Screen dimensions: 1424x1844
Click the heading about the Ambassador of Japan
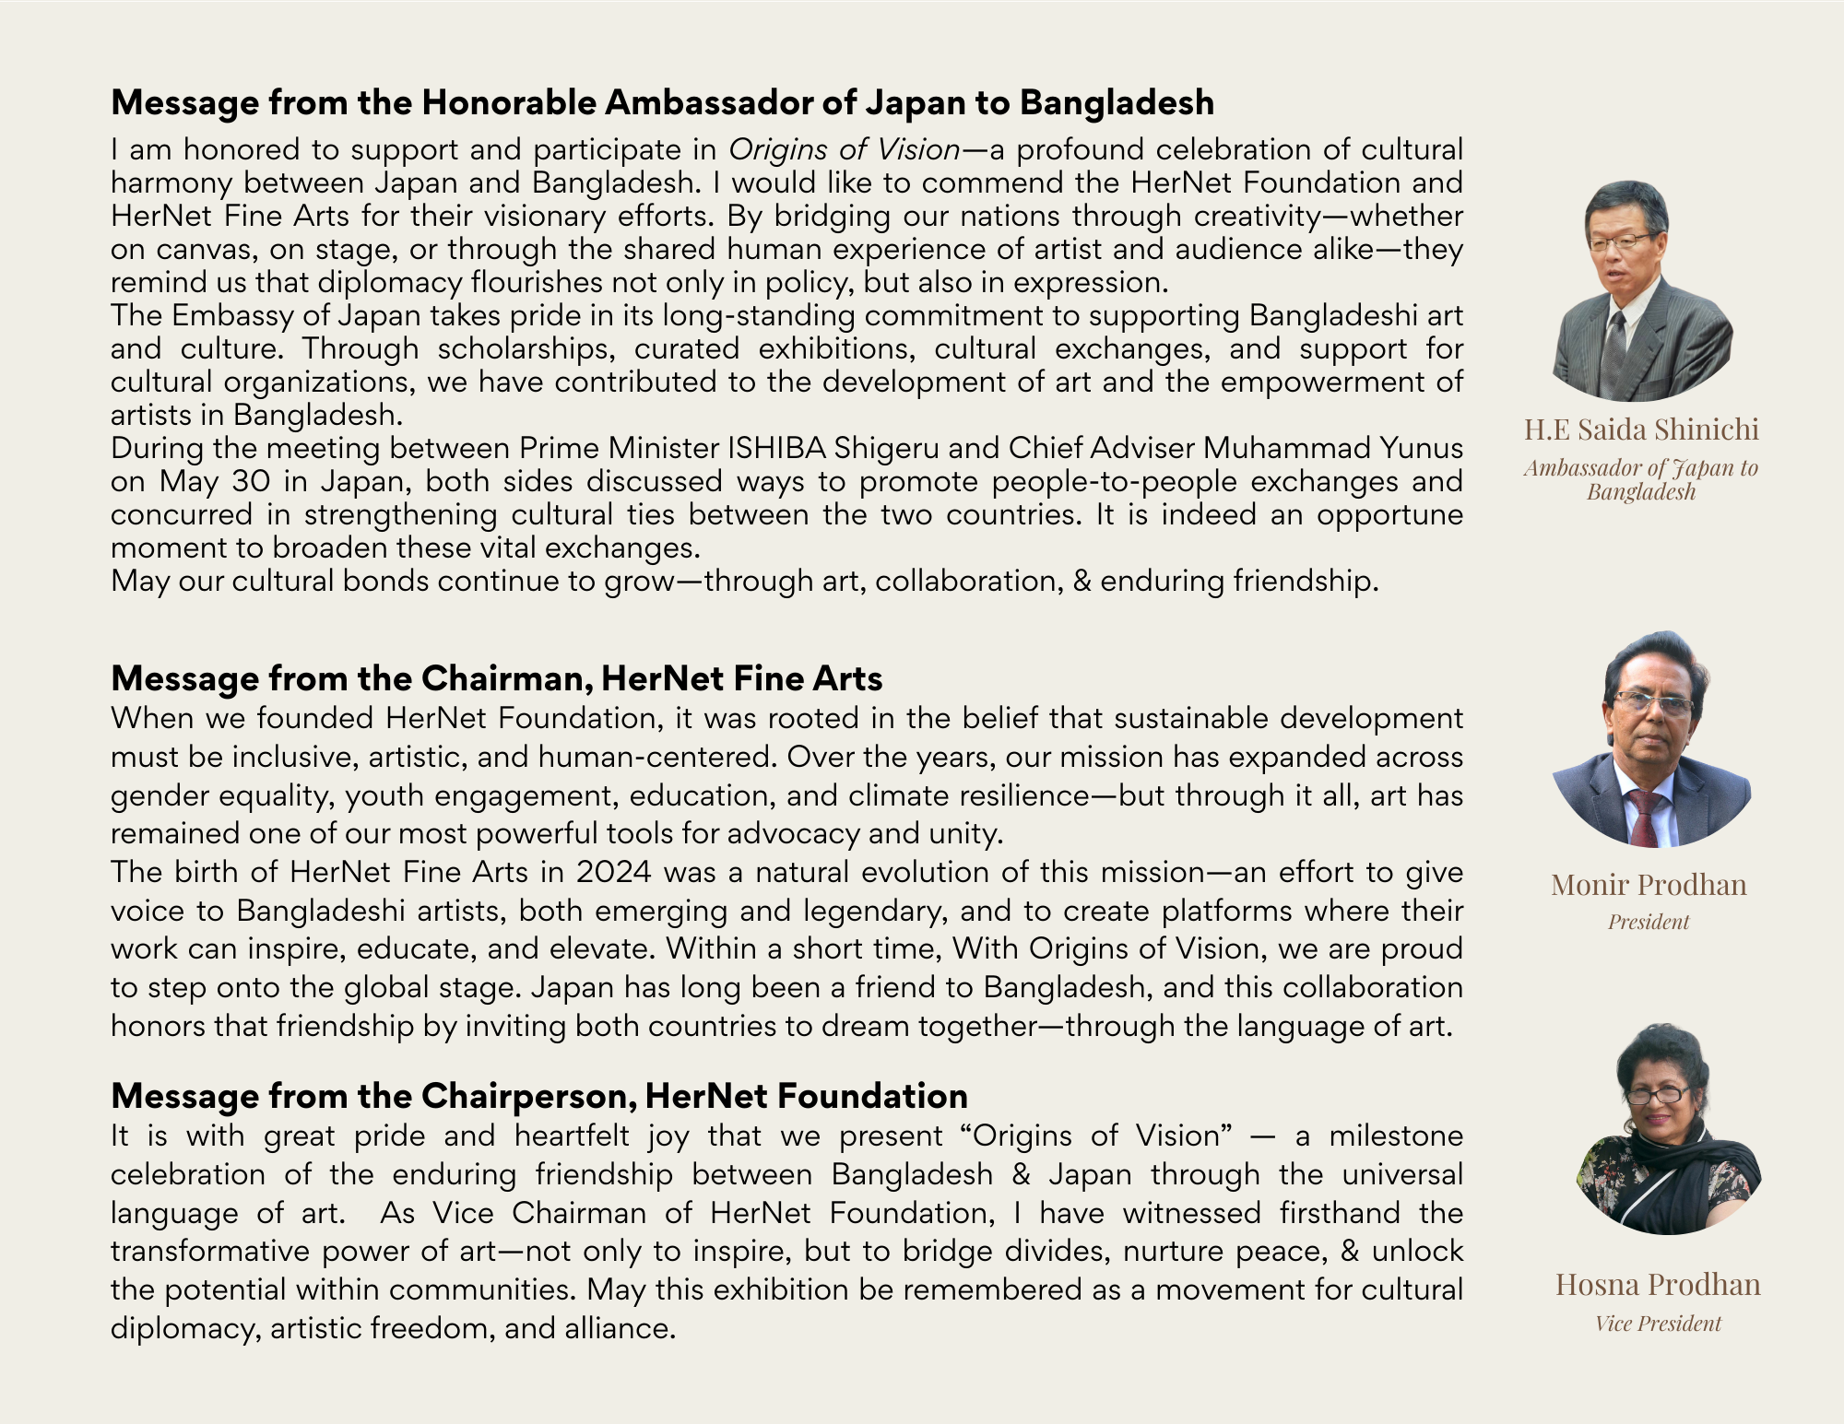point(662,102)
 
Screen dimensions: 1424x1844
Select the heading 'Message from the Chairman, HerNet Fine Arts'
point(496,678)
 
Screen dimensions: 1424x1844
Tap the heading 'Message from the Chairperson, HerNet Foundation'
point(538,1096)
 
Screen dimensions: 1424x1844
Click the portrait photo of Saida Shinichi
point(1642,291)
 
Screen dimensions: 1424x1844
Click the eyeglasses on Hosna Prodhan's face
point(1657,1096)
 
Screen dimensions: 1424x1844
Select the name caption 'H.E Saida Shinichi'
point(1641,430)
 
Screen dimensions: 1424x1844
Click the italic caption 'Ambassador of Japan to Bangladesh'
point(1641,479)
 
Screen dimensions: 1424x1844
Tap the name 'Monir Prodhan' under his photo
point(1649,885)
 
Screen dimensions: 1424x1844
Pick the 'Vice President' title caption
point(1658,1324)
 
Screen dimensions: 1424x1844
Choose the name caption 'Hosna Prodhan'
point(1658,1284)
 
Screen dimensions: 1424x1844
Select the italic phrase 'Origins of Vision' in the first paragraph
point(845,149)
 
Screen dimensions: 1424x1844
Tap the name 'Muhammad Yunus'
point(1332,448)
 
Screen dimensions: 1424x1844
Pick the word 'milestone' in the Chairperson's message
point(1396,1136)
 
